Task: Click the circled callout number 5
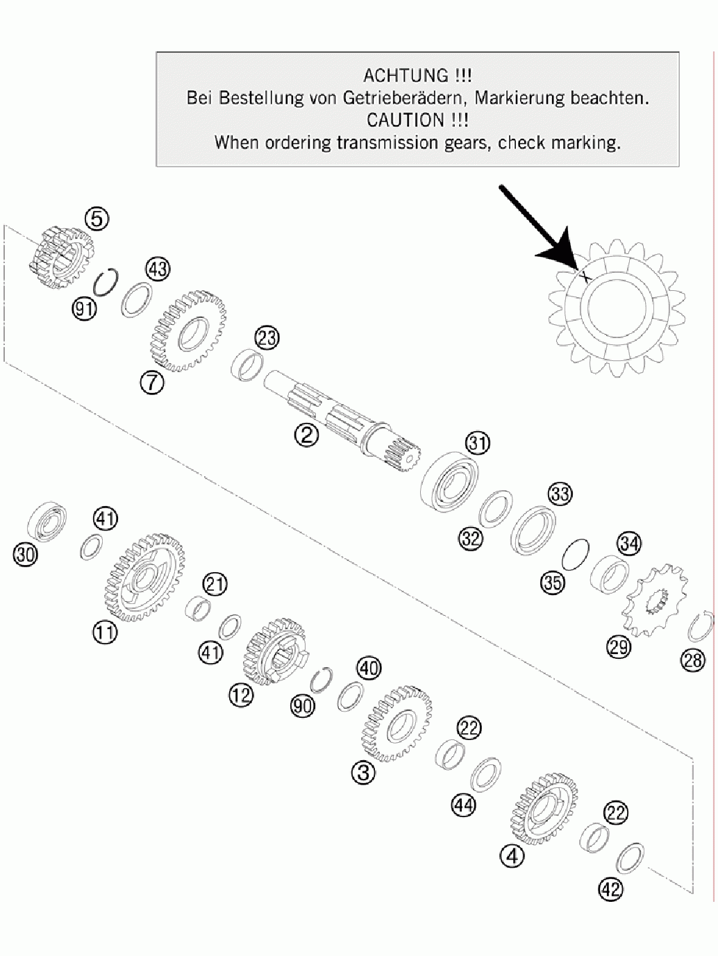click(x=97, y=219)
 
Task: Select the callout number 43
click(x=158, y=270)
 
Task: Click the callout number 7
click(x=152, y=383)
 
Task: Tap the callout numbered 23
click(x=267, y=337)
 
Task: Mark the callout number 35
click(x=553, y=582)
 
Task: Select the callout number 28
click(x=693, y=661)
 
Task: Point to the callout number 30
click(x=25, y=555)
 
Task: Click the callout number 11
click(x=105, y=632)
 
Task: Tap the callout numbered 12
click(x=241, y=695)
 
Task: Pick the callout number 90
click(x=303, y=705)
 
